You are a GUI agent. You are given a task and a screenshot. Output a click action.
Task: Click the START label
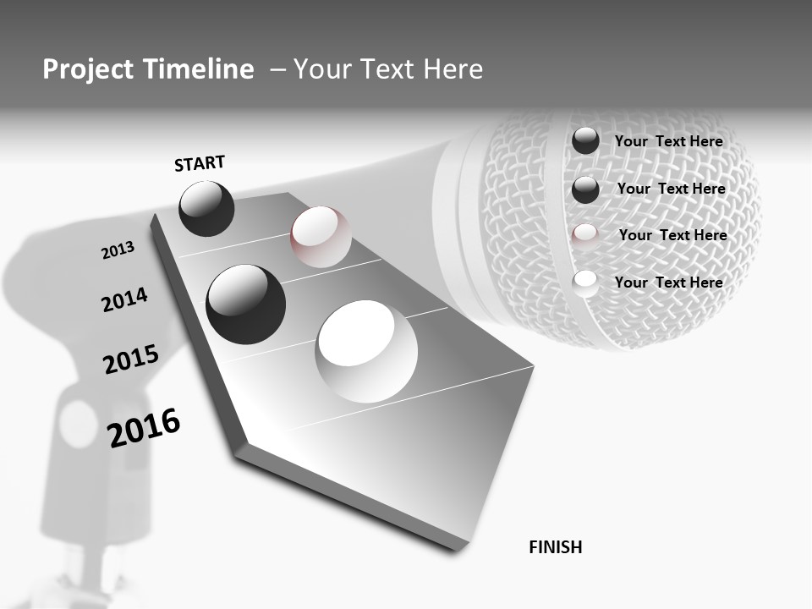[200, 163]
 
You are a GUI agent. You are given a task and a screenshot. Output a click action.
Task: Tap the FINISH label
[556, 547]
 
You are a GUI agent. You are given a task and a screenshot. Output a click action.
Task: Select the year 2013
[118, 250]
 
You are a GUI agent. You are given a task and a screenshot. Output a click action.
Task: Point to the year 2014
[124, 300]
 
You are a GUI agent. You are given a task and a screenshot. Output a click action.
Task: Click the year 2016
[144, 427]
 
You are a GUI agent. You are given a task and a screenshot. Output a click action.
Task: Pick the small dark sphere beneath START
[206, 208]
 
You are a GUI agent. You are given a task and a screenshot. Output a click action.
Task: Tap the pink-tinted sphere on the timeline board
[321, 236]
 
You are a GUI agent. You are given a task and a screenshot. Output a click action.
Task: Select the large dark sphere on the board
[245, 304]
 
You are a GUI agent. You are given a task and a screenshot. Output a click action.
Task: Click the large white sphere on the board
[366, 351]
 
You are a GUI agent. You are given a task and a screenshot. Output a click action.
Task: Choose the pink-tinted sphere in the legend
[585, 237]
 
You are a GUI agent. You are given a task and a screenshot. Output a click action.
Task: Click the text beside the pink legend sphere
[672, 235]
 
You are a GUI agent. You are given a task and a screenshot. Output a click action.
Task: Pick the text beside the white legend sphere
[668, 283]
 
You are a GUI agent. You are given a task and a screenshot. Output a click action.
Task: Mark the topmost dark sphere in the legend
[585, 140]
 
